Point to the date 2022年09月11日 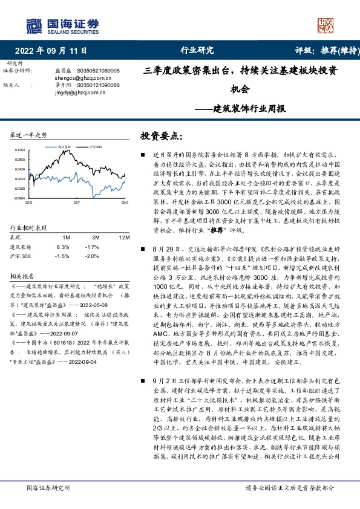51,51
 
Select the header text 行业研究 197,51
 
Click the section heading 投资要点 161,137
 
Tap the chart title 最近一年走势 29,134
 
